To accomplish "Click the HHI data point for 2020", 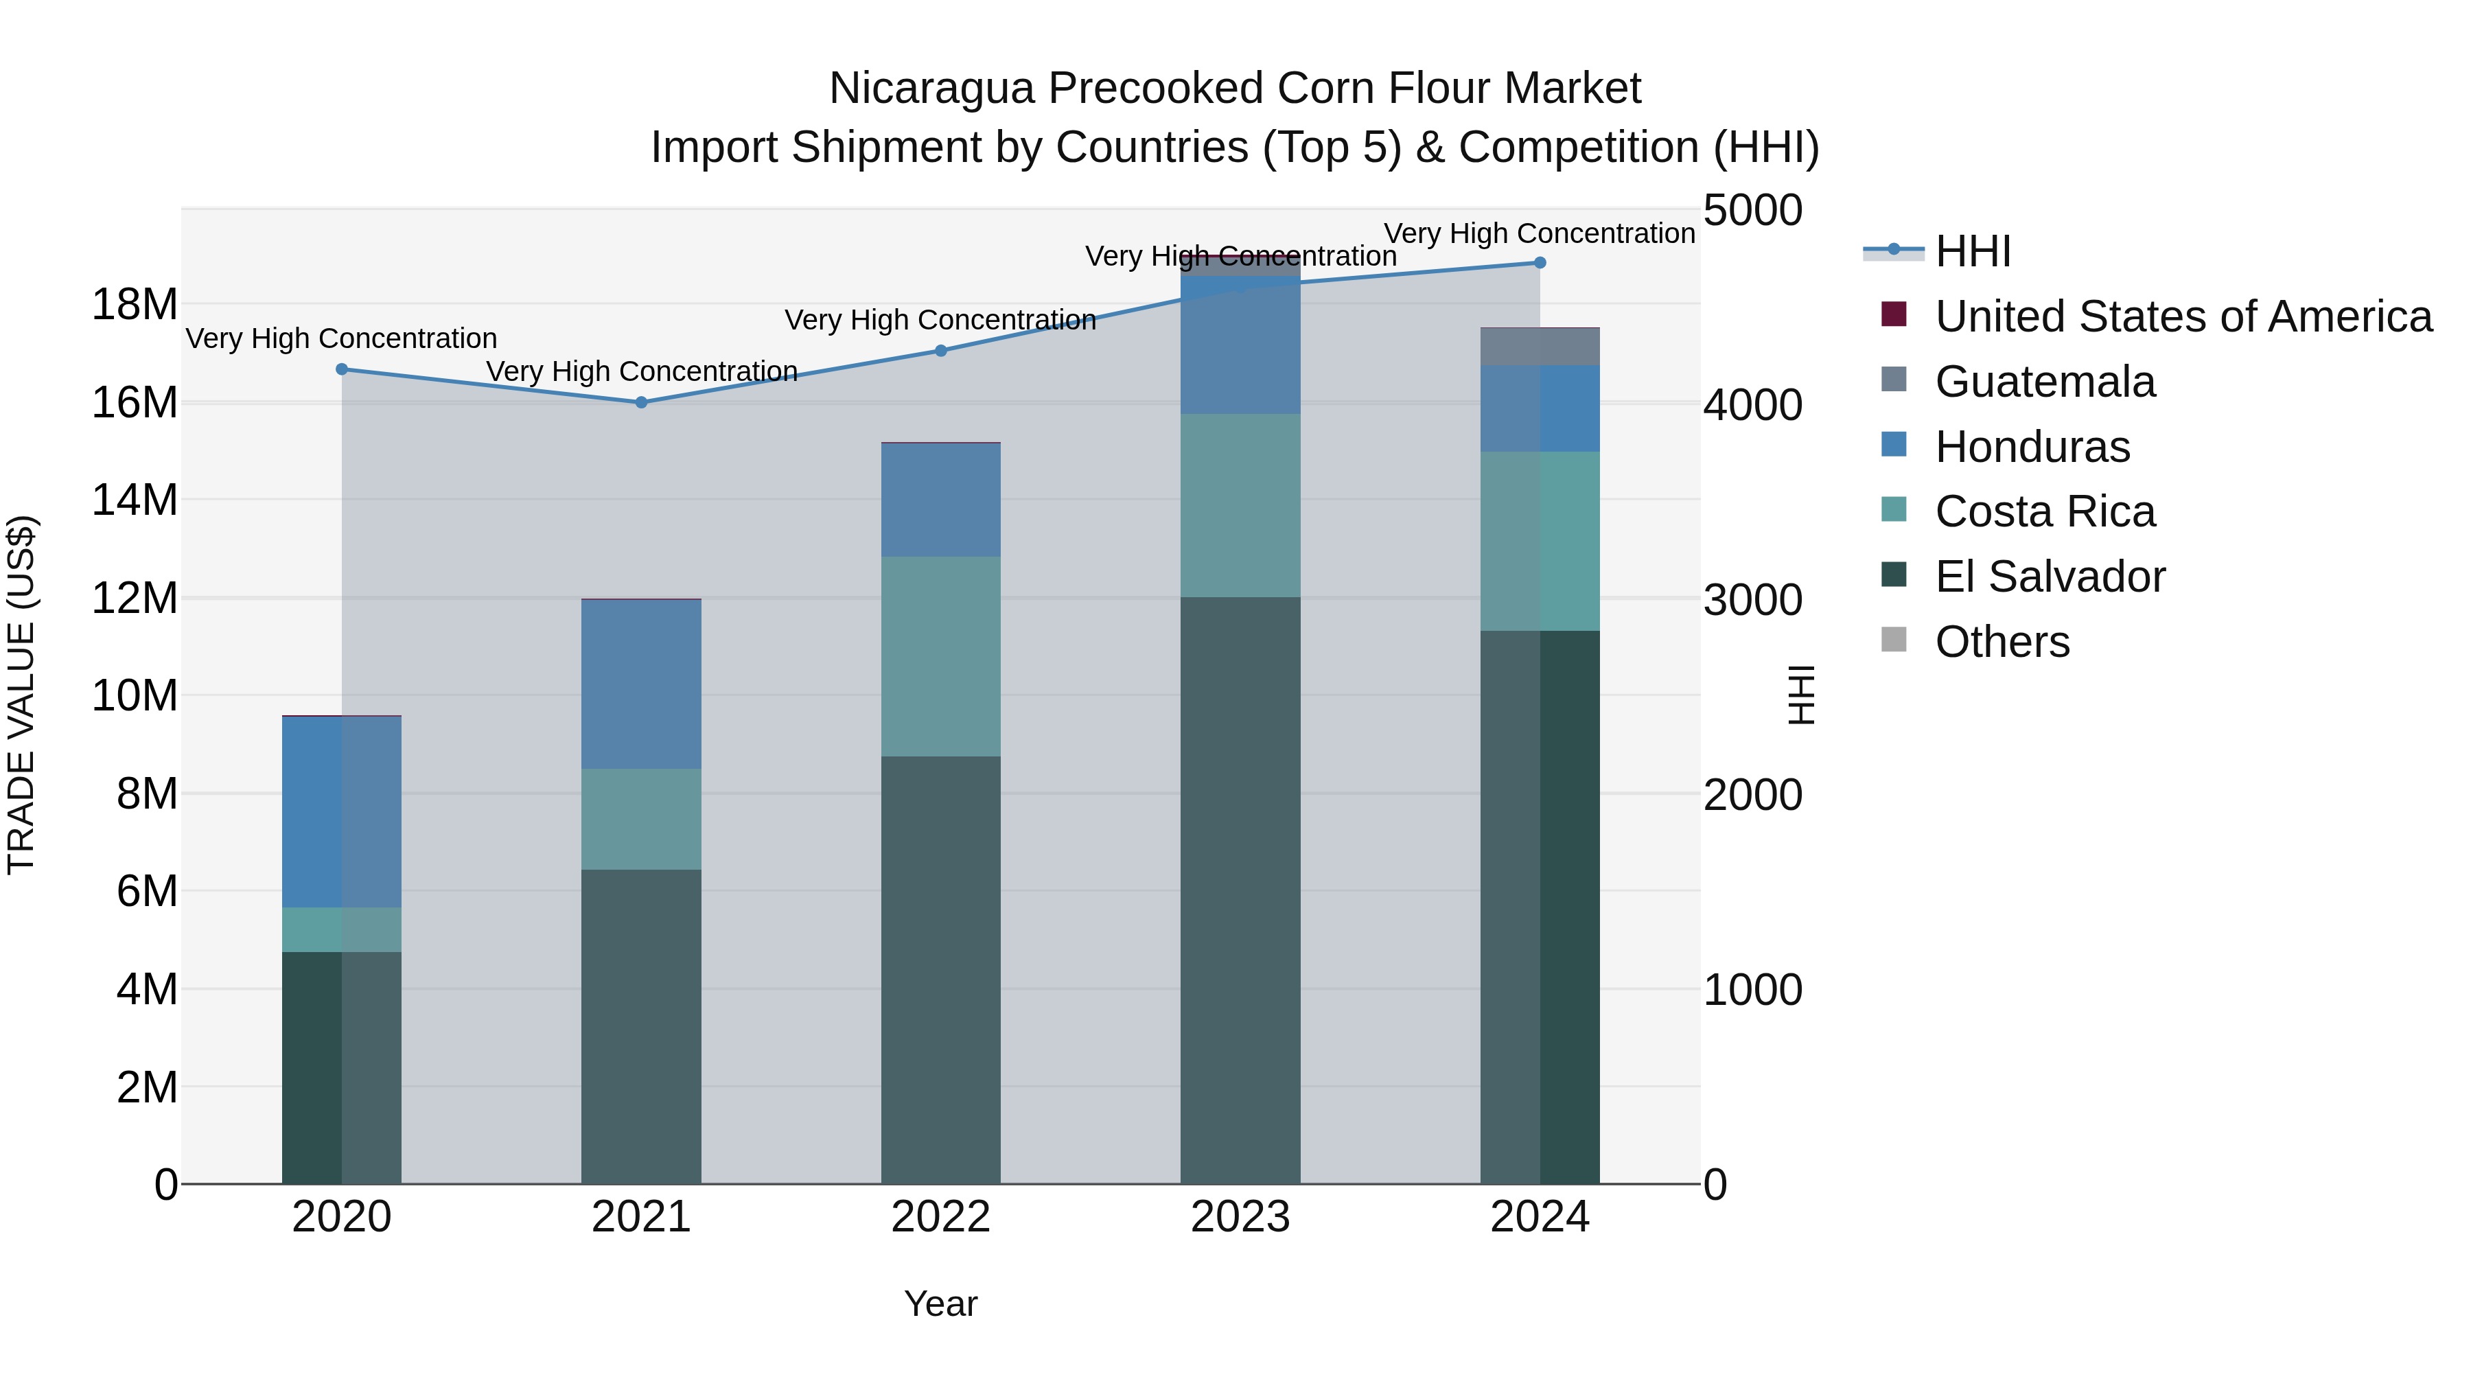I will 342,369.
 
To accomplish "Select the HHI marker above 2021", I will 642,402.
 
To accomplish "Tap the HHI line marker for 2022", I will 941,351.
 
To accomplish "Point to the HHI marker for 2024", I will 1540,263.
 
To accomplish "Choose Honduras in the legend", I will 2032,447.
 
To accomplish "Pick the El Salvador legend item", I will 2049,577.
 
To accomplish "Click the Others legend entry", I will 2002,642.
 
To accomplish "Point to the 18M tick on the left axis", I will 135,305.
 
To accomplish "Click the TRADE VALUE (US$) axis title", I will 21,695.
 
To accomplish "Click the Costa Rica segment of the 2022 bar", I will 941,656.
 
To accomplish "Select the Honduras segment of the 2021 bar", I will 642,684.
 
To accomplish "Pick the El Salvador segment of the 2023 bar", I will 1240,890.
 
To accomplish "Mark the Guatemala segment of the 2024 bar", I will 1540,347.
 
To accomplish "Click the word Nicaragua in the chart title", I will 931,89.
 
